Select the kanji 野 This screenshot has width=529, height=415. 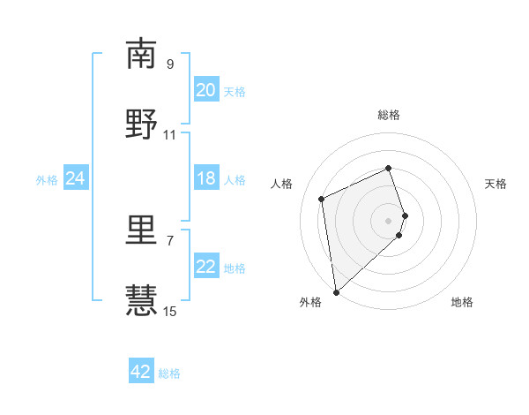click(x=142, y=124)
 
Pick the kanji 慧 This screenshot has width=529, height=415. click(x=142, y=300)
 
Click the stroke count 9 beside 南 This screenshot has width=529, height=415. click(x=170, y=64)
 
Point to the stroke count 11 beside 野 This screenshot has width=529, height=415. click(x=170, y=134)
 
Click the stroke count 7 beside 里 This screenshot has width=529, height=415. click(x=170, y=239)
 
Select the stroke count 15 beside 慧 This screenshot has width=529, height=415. click(x=170, y=310)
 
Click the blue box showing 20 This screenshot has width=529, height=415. click(x=205, y=90)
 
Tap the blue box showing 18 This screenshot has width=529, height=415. click(x=205, y=178)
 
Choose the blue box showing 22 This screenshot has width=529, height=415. click(x=205, y=267)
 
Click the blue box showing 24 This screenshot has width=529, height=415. click(x=75, y=178)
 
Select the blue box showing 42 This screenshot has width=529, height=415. click(x=141, y=372)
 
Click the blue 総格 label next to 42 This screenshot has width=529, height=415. click(x=169, y=373)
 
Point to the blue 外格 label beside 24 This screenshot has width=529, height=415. click(x=47, y=180)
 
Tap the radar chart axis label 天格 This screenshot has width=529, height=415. click(x=495, y=184)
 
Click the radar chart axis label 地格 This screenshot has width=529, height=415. click(x=462, y=302)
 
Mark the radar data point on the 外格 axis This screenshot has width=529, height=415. click(x=335, y=291)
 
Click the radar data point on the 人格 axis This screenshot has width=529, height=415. click(x=322, y=198)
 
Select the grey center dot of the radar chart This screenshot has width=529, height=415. click(x=388, y=220)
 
